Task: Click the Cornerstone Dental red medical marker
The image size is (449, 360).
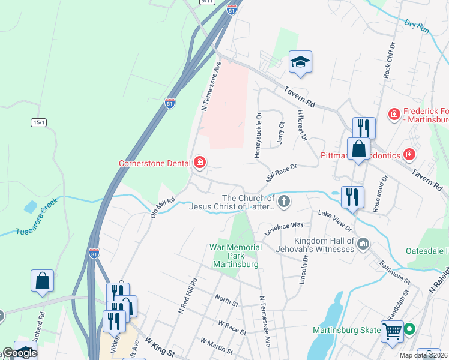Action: [x=199, y=163]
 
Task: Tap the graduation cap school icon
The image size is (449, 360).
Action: [x=300, y=62]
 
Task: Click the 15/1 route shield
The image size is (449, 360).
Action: [x=39, y=122]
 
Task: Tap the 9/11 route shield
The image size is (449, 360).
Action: [x=208, y=2]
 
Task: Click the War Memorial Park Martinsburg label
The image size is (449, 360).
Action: [x=236, y=256]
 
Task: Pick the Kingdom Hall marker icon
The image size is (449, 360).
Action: [x=363, y=244]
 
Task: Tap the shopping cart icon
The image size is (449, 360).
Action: [x=391, y=330]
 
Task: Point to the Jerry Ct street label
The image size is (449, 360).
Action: [x=280, y=133]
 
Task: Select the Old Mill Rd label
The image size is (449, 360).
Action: [x=163, y=207]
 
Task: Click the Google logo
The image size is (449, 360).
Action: [x=19, y=353]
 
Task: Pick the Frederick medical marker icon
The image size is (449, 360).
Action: [x=394, y=113]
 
